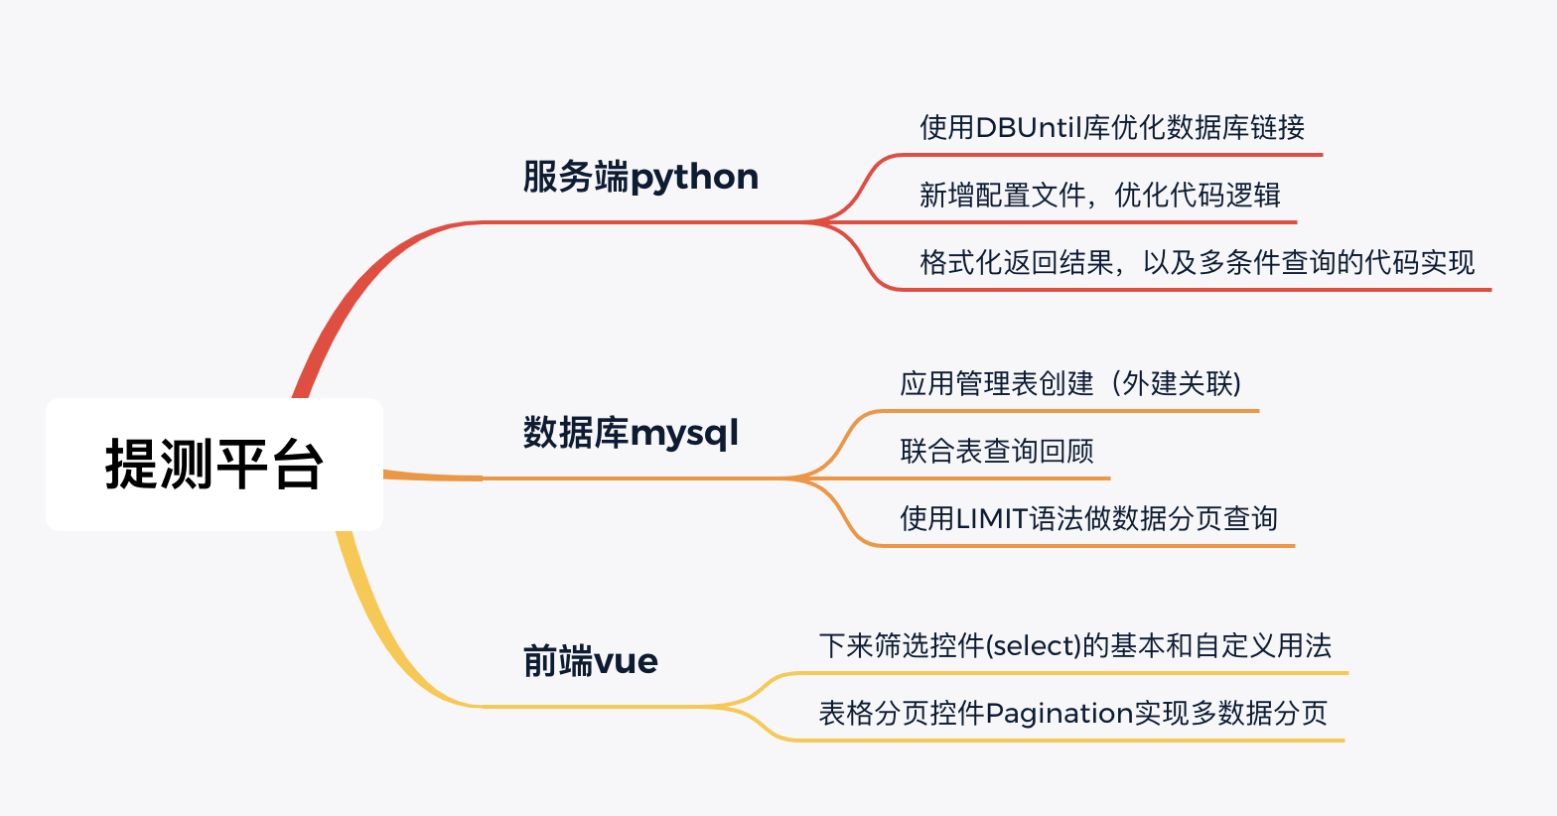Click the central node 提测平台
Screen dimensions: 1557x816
(214, 465)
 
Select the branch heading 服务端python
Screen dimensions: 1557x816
(640, 177)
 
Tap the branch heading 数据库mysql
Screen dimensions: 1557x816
(631, 433)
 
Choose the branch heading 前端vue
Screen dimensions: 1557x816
(590, 660)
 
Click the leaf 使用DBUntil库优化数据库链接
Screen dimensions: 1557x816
(1112, 127)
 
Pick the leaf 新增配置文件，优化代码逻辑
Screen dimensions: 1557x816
(1099, 195)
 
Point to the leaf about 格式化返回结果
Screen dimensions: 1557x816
(1197, 262)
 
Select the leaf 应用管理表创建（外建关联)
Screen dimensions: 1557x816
(1070, 383)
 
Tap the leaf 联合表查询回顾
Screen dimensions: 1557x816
(997, 451)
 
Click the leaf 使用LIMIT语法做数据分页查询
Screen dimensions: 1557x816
(1088, 518)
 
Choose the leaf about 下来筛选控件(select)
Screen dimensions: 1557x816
(1074, 645)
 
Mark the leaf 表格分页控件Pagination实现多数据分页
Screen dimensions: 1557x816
(1073, 713)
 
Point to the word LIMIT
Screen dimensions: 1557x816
(992, 518)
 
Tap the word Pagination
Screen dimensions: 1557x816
(1060, 714)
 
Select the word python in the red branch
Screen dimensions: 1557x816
(694, 178)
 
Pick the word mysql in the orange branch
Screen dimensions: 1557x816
(684, 435)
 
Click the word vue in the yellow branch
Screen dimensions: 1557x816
(626, 662)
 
